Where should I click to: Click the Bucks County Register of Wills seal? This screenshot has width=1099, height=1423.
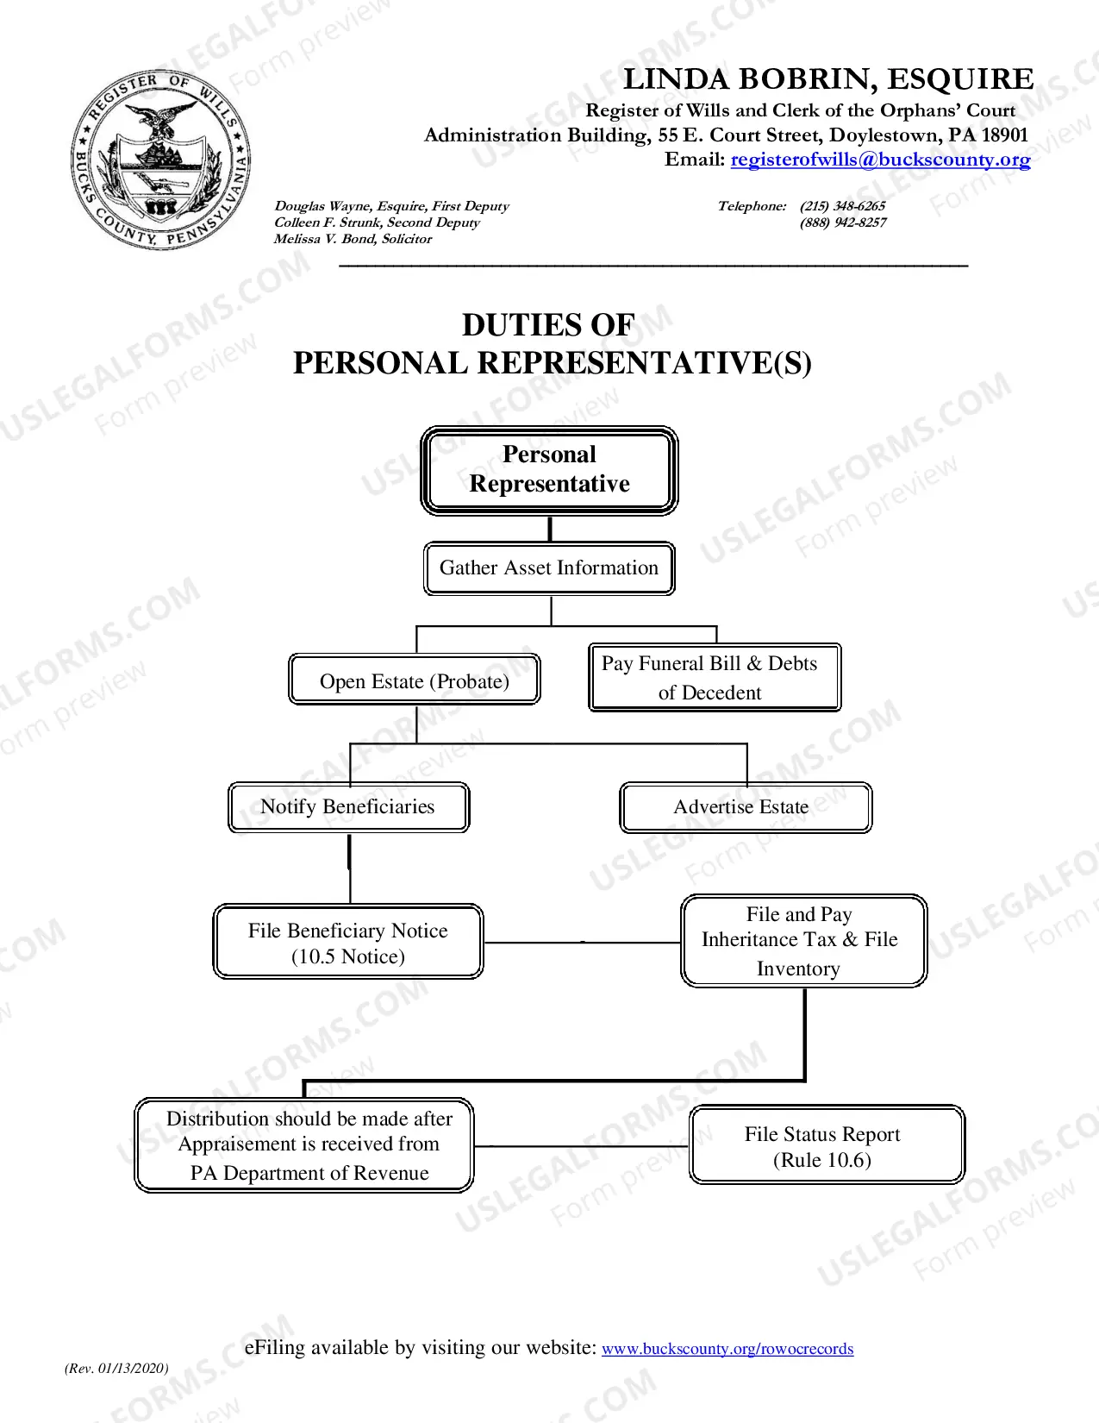pos(160,160)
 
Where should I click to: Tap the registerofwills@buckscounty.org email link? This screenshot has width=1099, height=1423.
pos(880,160)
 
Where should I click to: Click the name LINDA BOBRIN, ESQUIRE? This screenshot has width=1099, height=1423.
pos(828,78)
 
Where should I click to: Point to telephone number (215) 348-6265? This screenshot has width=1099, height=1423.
pos(842,205)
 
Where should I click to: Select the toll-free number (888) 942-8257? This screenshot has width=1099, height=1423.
pos(843,222)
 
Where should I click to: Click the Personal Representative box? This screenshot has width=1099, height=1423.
pos(549,470)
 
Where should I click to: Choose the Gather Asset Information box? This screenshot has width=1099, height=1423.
pos(549,567)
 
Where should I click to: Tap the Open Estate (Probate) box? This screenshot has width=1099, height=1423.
pos(415,679)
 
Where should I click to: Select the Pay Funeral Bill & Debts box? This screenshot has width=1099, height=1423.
pos(715,677)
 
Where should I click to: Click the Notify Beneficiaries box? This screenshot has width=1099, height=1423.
pos(349,806)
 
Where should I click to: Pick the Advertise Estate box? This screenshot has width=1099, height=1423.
pos(746,806)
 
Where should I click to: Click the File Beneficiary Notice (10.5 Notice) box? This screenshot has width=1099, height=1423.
pos(348,941)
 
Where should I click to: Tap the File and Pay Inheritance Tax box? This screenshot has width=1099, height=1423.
pos(804,940)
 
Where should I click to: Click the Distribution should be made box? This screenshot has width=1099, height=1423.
pos(303,1144)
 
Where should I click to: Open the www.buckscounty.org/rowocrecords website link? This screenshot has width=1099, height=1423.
pos(727,1348)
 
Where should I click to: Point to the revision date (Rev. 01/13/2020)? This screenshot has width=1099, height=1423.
pos(116,1368)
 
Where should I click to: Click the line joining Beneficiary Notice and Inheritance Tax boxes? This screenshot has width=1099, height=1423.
pos(582,943)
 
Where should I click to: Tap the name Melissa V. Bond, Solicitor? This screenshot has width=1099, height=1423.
pos(353,238)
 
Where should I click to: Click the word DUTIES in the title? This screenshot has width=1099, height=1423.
pos(514,325)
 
